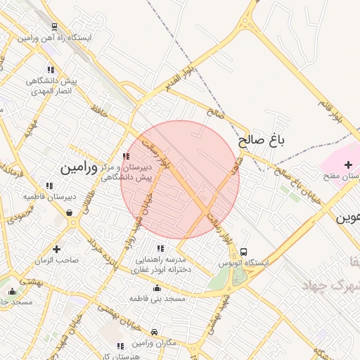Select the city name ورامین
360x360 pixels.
[77, 169]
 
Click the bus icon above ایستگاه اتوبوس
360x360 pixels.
[243, 252]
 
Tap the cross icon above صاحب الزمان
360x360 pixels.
[57, 249]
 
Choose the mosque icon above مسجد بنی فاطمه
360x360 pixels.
[156, 288]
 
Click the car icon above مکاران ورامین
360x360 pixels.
[155, 330]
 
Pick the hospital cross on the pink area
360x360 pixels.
[348, 163]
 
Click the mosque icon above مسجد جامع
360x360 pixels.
[11, 291]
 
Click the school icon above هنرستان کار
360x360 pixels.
[120, 345]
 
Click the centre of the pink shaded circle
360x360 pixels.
[180, 180]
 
